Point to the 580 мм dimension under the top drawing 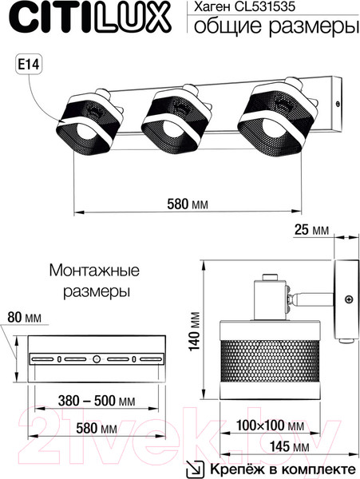[188, 204]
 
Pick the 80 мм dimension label [24, 319]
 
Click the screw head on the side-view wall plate [348, 299]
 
